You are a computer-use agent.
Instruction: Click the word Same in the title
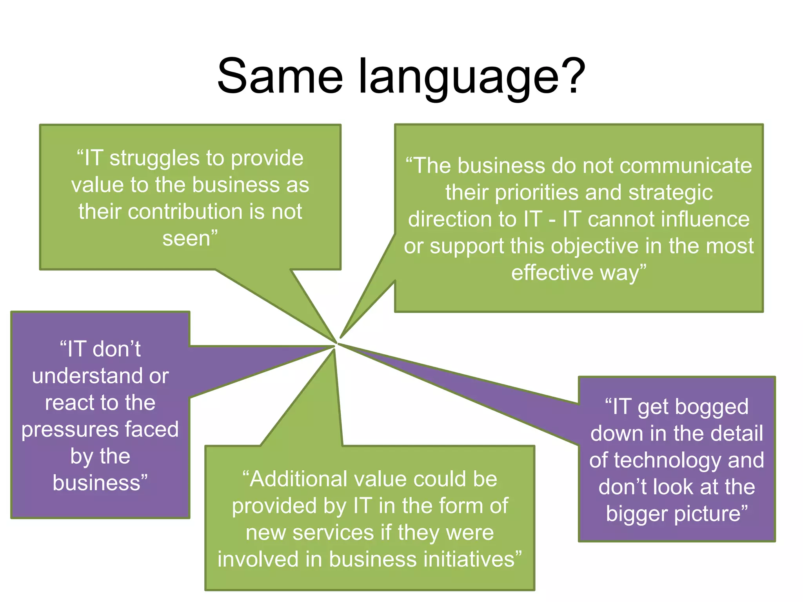coord(280,76)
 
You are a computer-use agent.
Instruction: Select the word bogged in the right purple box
coord(693,407)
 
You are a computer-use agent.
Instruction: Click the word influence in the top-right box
coord(705,219)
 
